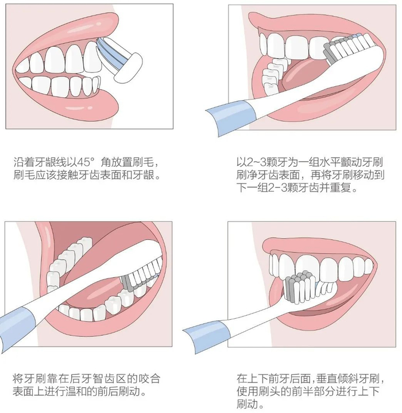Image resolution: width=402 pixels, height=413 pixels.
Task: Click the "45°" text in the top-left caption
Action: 86,163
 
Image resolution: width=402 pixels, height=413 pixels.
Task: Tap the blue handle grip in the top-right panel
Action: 231,116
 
